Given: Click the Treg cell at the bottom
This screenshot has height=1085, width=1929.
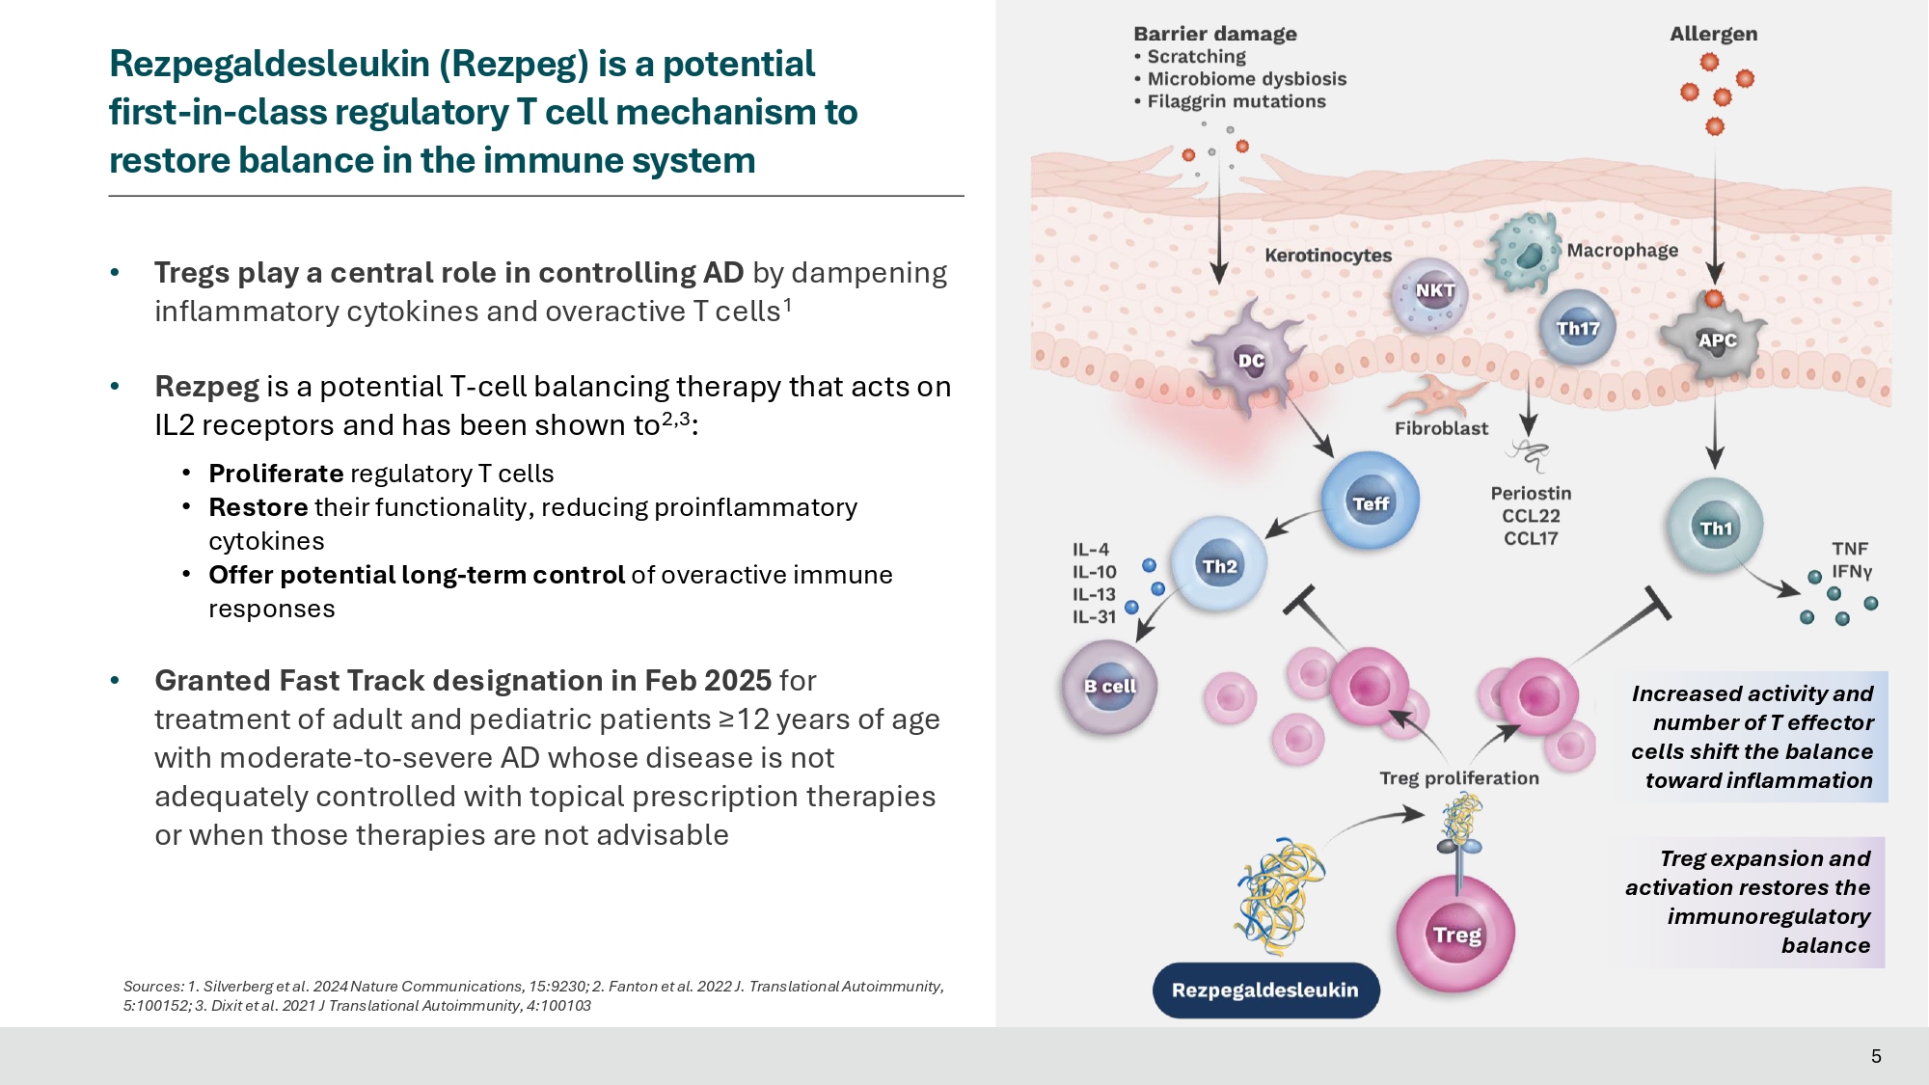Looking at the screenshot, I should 1455,933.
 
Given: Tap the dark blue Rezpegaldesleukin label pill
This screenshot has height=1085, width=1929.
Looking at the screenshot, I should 1265,990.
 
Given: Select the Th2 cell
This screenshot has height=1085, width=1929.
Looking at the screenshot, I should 1218,565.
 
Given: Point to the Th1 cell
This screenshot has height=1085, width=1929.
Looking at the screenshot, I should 1715,528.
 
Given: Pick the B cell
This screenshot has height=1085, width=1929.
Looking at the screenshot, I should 1109,687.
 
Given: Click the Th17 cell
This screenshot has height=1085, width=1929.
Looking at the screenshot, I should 1578,328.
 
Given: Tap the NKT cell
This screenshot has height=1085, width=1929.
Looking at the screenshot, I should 1433,291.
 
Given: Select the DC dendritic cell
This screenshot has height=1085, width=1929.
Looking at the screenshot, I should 1250,361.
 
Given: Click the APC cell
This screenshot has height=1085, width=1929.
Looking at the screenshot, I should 1717,340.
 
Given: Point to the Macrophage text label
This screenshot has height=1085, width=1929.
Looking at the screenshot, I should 1622,251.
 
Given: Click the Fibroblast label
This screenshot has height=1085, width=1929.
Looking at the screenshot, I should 1441,428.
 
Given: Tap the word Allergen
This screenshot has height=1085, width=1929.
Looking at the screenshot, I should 1713,34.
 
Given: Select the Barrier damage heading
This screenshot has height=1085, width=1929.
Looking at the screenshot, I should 1215,34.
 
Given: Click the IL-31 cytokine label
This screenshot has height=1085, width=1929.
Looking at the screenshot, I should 1094,617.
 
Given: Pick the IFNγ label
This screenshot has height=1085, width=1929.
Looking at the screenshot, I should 1852,571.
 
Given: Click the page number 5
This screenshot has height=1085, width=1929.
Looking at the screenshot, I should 1876,1056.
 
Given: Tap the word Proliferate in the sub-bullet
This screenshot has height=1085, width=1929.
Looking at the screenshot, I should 276,474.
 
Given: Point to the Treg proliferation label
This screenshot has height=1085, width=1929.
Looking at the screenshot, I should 1458,778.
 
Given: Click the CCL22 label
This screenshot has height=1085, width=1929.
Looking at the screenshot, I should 1531,516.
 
